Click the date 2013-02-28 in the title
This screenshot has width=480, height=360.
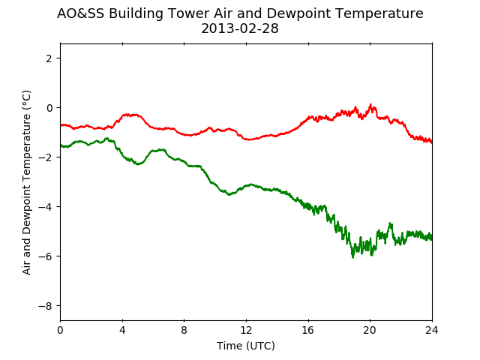(x=240, y=28)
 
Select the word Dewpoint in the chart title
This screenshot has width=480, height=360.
(x=293, y=14)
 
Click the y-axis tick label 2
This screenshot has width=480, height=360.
(x=49, y=58)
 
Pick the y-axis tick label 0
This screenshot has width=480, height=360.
(x=49, y=108)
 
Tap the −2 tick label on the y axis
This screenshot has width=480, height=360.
(x=45, y=157)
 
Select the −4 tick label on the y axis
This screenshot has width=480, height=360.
(x=45, y=207)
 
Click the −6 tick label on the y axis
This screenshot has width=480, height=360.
(x=45, y=256)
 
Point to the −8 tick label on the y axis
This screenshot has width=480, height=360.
(x=45, y=306)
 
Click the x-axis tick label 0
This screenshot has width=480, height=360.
(x=60, y=330)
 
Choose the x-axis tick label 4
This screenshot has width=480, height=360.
(x=122, y=330)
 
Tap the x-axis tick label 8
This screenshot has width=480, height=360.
(x=184, y=330)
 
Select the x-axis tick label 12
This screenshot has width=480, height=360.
(x=246, y=330)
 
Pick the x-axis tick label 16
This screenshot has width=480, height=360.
(x=308, y=330)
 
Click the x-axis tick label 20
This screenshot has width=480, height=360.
(x=370, y=330)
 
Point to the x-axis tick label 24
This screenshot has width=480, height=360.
(x=432, y=330)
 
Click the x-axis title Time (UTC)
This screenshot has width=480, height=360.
(x=246, y=346)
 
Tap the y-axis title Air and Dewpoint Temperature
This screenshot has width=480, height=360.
(x=27, y=182)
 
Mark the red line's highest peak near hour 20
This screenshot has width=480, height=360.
(x=370, y=104)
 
